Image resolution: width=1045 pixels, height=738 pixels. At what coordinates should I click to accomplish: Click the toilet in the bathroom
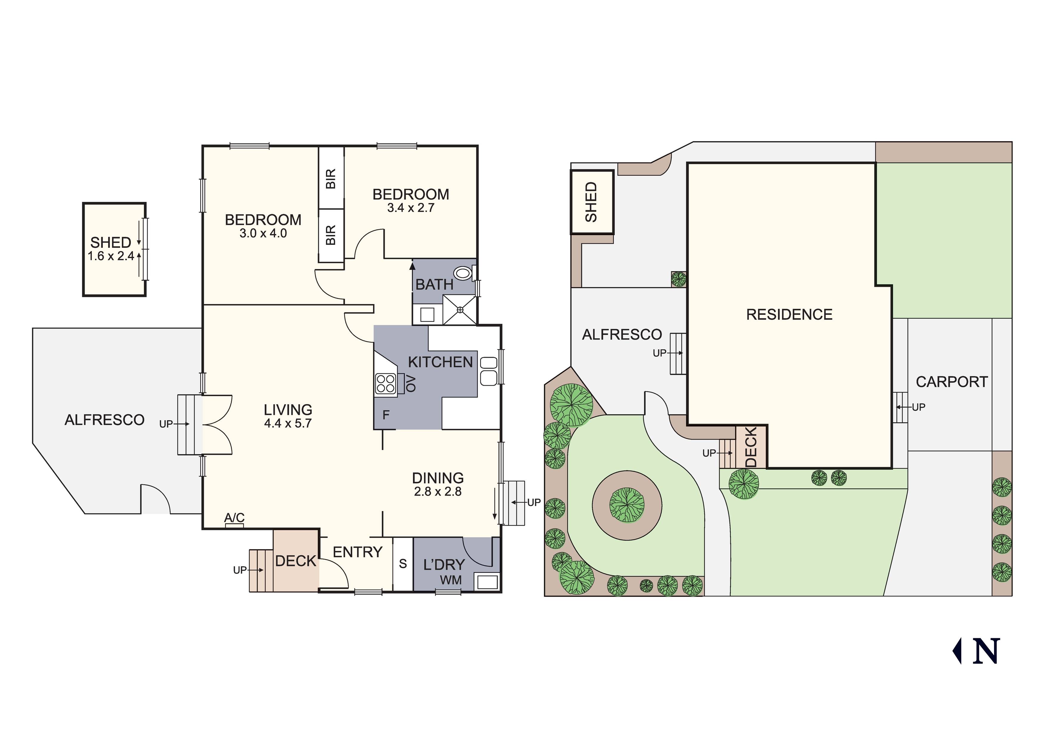click(463, 273)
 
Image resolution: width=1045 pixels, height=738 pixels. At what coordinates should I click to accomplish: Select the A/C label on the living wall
click(235, 518)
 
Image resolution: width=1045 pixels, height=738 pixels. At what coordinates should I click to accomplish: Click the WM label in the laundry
click(451, 580)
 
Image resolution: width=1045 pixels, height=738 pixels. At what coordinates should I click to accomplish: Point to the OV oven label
click(411, 384)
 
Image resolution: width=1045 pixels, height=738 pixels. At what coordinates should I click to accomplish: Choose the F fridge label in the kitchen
click(386, 415)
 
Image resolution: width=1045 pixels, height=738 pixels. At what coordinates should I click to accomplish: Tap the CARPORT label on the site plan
click(952, 382)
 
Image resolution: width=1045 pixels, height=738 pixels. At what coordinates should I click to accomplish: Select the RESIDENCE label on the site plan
click(789, 314)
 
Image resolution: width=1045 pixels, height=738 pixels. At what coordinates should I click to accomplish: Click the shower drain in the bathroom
click(460, 310)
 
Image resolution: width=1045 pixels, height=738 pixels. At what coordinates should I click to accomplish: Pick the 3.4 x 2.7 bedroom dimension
click(411, 208)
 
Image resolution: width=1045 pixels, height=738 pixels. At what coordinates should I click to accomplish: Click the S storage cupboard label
click(403, 564)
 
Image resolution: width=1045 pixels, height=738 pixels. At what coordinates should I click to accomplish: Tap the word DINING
click(438, 478)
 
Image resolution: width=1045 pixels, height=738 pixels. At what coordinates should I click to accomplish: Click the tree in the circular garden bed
click(627, 505)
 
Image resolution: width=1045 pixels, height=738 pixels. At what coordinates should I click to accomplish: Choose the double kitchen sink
click(488, 371)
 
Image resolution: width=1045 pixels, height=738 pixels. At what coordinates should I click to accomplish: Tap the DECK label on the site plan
click(751, 447)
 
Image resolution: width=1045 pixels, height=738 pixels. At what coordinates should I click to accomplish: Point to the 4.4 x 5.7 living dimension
click(288, 424)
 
